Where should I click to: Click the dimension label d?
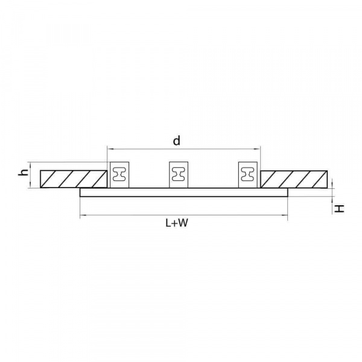pyautogui.click(x=177, y=141)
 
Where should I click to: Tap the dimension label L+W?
pyautogui.click(x=177, y=223)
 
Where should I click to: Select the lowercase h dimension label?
pyautogui.click(x=23, y=172)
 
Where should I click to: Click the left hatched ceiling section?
pyautogui.click(x=74, y=179)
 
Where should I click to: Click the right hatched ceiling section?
pyautogui.click(x=294, y=179)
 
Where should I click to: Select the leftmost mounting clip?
pyautogui.click(x=119, y=175)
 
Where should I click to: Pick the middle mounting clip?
pyautogui.click(x=179, y=175)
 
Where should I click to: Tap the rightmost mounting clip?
pyautogui.click(x=248, y=175)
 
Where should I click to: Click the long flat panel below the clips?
pyautogui.click(x=184, y=192)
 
